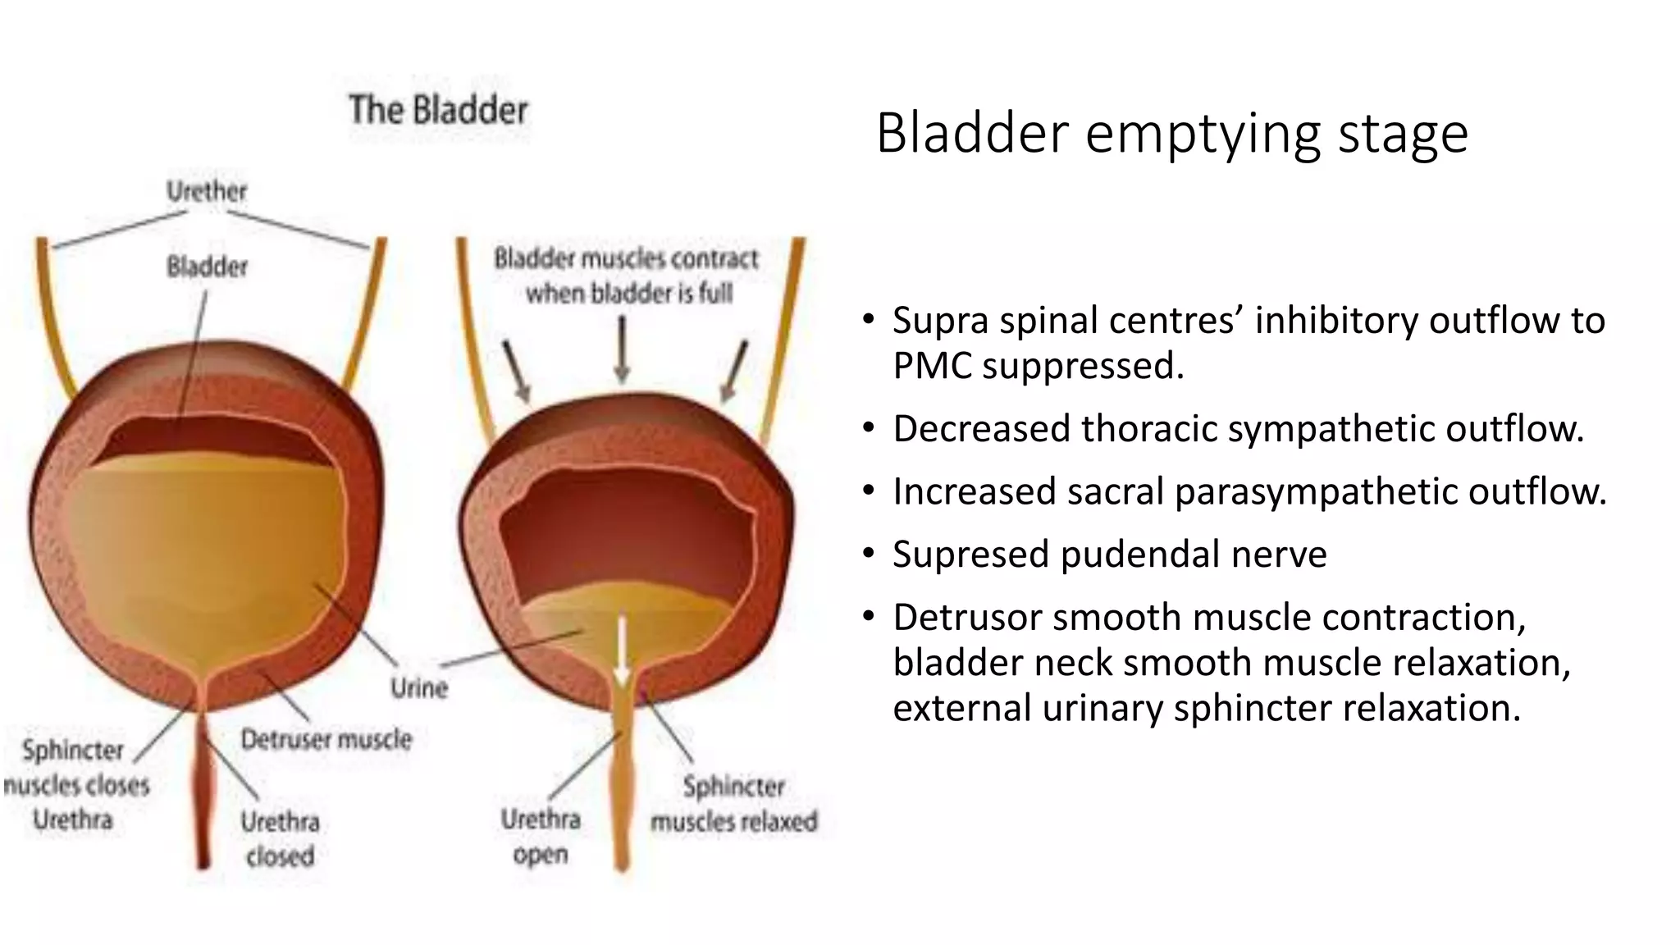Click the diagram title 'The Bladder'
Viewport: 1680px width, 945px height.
click(x=438, y=110)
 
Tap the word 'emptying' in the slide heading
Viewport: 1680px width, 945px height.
click(x=1203, y=134)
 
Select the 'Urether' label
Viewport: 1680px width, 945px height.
click(x=206, y=191)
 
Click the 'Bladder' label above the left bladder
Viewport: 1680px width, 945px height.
click(x=207, y=267)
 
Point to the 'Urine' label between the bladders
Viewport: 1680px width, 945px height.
click(x=419, y=687)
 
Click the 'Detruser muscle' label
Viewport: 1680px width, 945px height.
click(x=326, y=739)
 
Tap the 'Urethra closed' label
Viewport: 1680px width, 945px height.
click(x=280, y=838)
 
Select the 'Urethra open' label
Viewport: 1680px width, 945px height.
click(x=541, y=836)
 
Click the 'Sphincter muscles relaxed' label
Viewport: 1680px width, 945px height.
click(x=733, y=804)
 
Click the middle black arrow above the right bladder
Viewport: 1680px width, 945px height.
click(x=622, y=349)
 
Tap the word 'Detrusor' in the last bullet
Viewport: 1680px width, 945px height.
click(x=967, y=618)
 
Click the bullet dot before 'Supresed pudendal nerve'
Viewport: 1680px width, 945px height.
click(x=869, y=554)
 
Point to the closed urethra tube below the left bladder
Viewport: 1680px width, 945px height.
click(x=203, y=787)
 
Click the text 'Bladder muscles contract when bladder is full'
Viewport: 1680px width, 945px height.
click(x=627, y=276)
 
